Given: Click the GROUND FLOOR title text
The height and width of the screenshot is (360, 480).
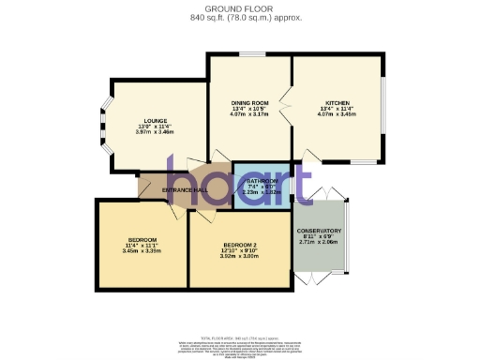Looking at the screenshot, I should (239, 8).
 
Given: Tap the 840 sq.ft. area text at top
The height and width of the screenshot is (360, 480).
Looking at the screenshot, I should (239, 17).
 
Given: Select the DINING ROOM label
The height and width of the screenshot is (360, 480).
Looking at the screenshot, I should (250, 102).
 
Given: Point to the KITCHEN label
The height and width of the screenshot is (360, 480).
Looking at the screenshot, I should (337, 102).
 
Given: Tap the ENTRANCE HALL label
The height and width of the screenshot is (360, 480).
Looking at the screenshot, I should (184, 190).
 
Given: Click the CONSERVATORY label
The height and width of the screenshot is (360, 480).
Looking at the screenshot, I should (318, 231).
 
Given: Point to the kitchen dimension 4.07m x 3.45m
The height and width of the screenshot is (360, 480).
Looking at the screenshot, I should (337, 114).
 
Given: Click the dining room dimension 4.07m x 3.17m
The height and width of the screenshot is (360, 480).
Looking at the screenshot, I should (250, 114).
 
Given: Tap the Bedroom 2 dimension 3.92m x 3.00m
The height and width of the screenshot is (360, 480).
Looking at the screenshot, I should (238, 255).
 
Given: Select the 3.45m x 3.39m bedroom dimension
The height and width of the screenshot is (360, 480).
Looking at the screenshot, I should (142, 250).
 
